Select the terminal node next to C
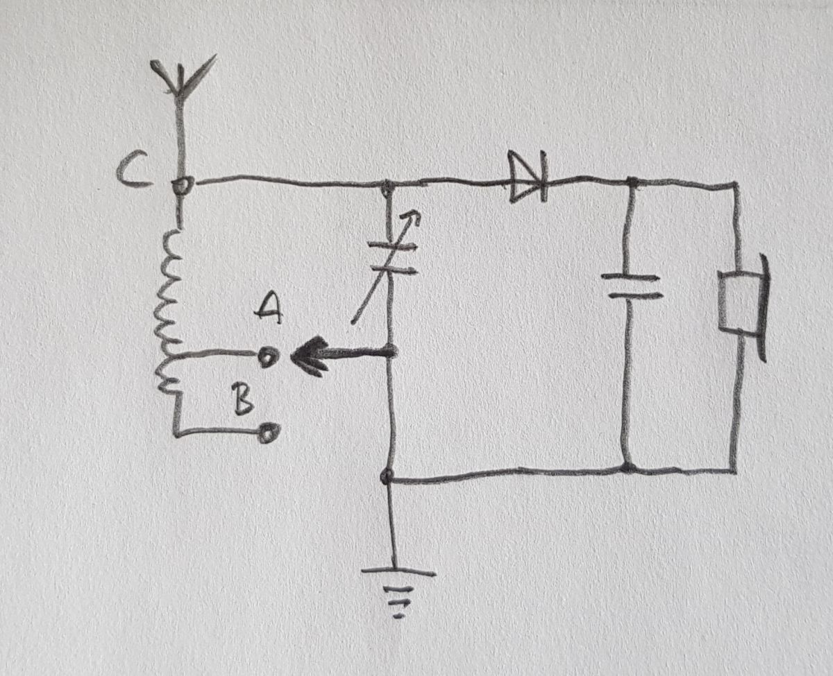click(x=183, y=185)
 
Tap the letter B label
click(x=242, y=399)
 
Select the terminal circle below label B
click(x=270, y=433)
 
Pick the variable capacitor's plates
click(x=392, y=258)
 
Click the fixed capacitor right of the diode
click(x=631, y=286)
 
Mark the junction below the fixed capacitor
click(x=628, y=468)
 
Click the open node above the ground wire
click(x=387, y=476)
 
